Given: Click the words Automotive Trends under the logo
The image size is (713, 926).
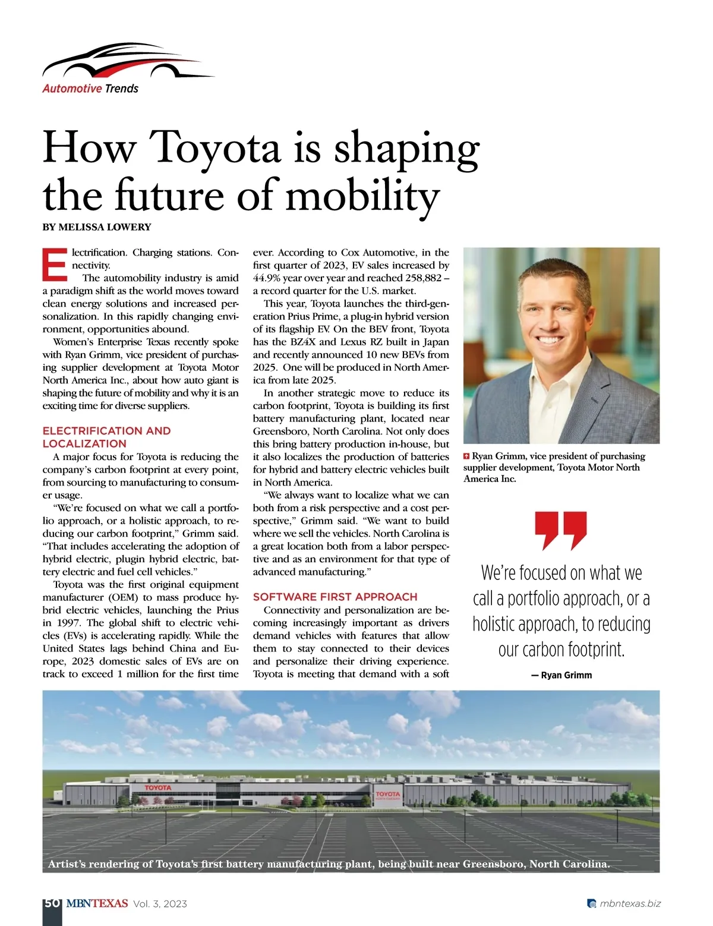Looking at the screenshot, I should coord(90,89).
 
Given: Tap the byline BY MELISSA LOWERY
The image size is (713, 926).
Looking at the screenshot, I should coord(97,227).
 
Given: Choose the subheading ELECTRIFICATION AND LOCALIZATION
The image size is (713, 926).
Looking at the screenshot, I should coord(106,437).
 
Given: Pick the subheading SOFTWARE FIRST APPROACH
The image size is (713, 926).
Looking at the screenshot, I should coord(335,597).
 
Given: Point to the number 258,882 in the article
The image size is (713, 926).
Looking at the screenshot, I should coord(422,278).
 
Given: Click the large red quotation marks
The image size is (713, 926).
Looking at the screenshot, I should coord(561,531).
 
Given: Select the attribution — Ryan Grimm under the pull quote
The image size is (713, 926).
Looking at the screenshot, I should coord(561,675).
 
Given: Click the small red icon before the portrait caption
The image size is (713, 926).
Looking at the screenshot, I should coord(466,456).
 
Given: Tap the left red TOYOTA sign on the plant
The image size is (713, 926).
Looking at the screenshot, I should coord(157,788).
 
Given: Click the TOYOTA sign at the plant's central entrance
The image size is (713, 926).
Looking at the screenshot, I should coord(388,794).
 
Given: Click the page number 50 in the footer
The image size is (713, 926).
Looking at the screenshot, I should coord(52,903).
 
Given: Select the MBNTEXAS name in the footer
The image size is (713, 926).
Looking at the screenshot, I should coord(97,903).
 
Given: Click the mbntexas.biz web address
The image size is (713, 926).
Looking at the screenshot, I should coord(630,904).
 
